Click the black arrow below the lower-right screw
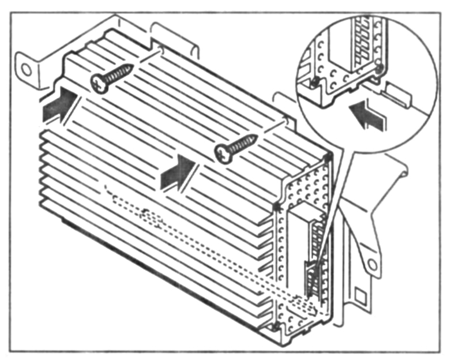(178, 171)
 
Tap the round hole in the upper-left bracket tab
(25, 69)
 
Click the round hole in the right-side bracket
(372, 265)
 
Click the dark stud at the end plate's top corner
(328, 157)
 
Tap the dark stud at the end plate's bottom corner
(276, 328)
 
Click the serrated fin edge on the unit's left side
(43, 173)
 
